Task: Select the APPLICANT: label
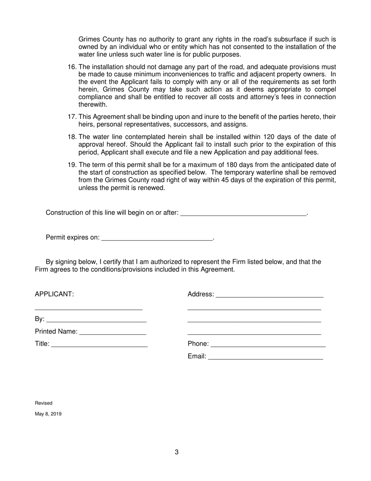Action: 54,294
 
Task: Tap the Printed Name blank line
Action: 112,332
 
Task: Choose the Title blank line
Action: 99,344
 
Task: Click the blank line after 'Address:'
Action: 269,294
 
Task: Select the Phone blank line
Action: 268,344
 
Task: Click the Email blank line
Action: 266,356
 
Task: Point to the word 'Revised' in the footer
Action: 44,403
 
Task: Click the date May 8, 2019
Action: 48,414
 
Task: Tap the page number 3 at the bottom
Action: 177,452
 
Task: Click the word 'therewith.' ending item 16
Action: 93,105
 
